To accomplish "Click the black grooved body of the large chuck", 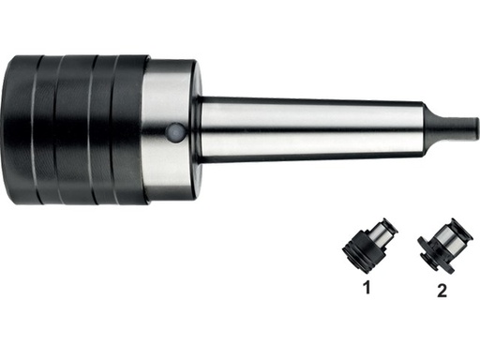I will coord(75,130).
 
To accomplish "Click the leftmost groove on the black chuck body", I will coord(35,130).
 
